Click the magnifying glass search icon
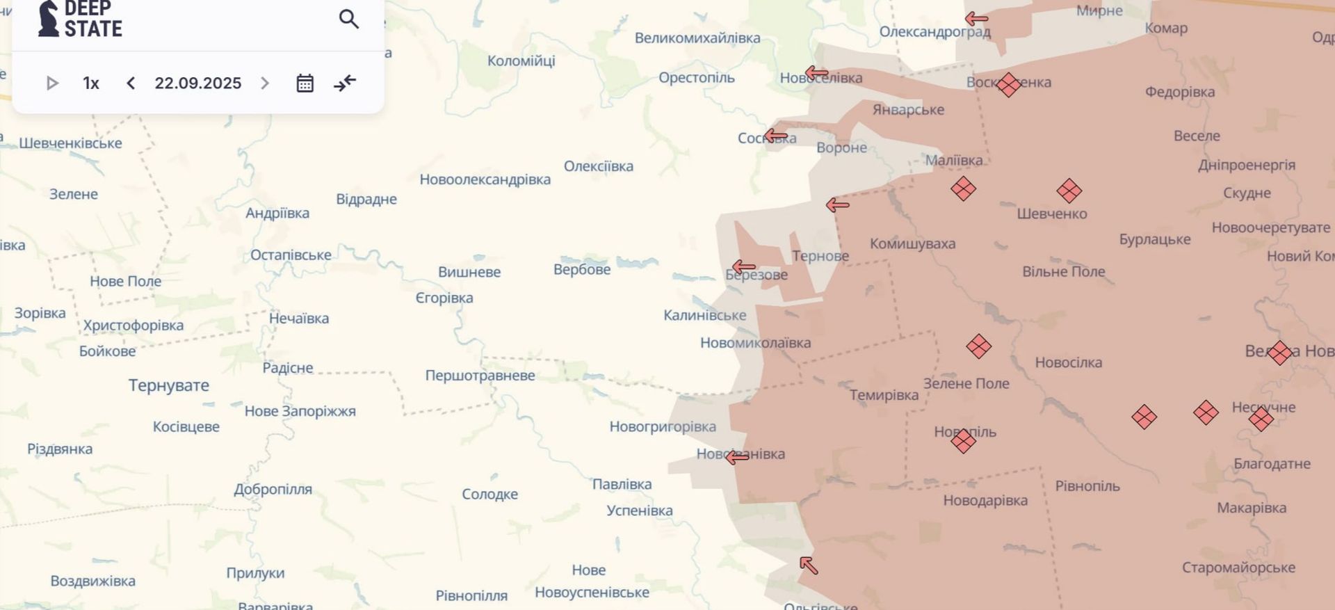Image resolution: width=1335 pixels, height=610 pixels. point(349,19)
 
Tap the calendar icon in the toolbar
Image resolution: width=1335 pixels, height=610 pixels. point(305,83)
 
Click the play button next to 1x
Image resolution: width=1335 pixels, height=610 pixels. point(52,83)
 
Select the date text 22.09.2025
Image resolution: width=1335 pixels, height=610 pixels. point(197,83)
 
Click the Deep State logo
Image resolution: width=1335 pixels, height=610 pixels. point(79,19)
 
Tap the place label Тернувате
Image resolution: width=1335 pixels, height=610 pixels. point(168,385)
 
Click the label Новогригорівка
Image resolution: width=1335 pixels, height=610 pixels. point(662,426)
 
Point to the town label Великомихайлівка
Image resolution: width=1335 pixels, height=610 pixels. point(697,38)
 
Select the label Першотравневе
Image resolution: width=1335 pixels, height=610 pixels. point(480,376)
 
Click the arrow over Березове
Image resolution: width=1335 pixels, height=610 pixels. point(743,266)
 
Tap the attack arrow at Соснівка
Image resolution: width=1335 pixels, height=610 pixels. point(775,135)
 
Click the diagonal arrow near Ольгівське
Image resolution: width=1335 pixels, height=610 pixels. point(809,565)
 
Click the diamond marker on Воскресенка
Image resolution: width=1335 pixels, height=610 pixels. point(1008,85)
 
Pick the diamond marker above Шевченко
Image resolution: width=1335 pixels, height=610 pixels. point(1069,191)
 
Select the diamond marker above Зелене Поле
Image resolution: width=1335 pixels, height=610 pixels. point(978,346)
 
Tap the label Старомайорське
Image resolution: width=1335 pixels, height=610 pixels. point(1238,568)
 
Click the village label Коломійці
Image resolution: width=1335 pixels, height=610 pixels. point(521,61)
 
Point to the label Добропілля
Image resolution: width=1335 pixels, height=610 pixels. point(273,489)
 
